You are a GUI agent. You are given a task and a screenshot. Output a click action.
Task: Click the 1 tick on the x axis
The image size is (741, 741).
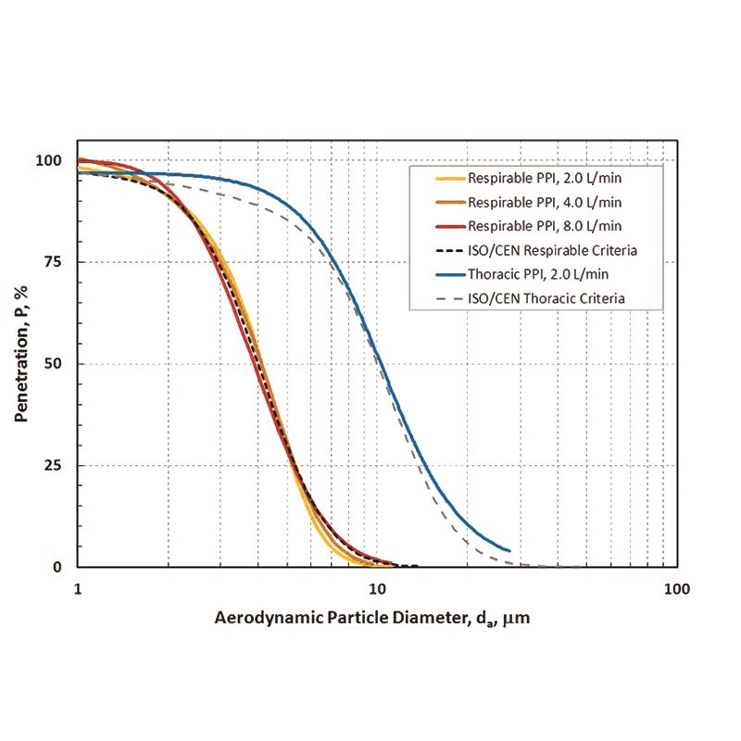(78, 588)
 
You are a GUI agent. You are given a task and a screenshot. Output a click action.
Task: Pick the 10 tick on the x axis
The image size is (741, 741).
(377, 588)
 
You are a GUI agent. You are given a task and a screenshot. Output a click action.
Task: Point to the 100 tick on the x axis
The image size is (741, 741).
(676, 588)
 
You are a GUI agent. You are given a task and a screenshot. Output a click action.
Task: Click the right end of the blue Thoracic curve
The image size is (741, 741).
(509, 550)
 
